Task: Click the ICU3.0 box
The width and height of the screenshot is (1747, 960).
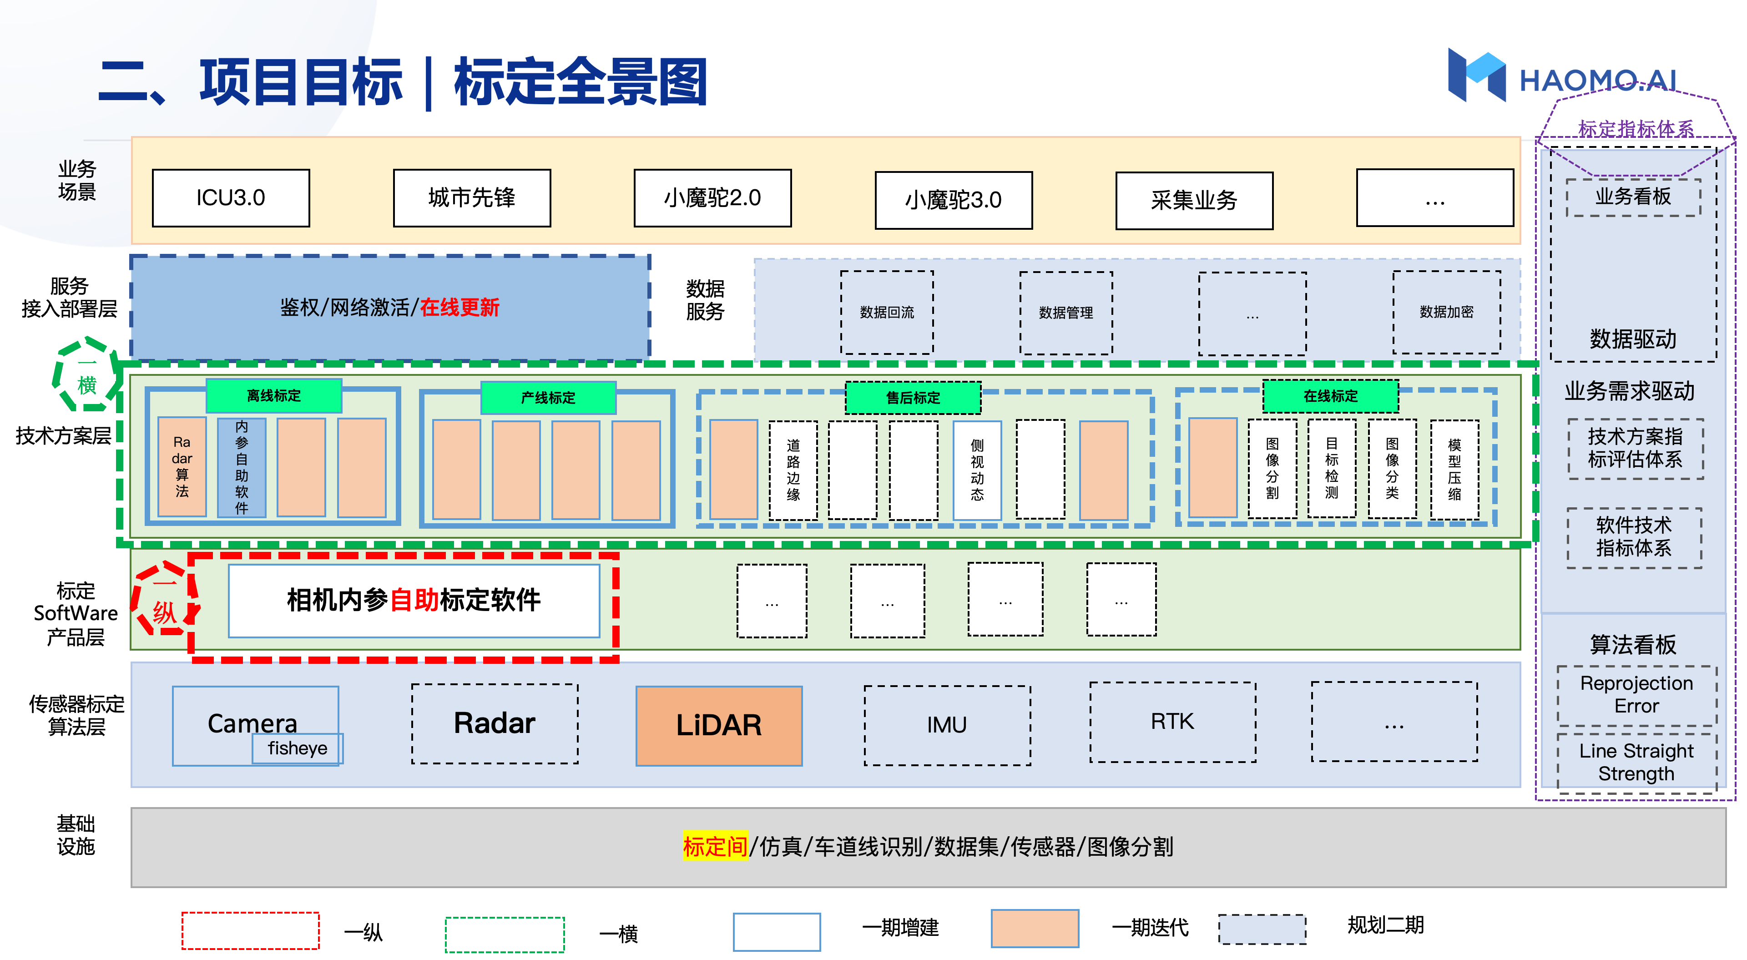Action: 231,198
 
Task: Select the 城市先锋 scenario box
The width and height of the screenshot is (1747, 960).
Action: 472,198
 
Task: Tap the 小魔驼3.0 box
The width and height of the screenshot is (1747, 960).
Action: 954,200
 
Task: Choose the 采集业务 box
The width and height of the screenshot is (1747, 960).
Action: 1194,201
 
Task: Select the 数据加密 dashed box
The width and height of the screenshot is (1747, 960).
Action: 1447,312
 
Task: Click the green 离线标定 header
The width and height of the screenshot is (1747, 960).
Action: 273,395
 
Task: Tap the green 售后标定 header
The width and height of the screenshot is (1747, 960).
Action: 913,398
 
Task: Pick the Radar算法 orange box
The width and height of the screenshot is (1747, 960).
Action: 182,467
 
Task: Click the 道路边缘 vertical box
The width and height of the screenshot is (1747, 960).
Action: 793,470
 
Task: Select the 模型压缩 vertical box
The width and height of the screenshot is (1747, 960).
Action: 1454,470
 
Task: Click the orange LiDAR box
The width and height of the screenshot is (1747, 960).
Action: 719,725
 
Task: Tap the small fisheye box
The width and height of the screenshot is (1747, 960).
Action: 298,748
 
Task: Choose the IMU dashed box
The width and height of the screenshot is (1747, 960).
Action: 947,725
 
